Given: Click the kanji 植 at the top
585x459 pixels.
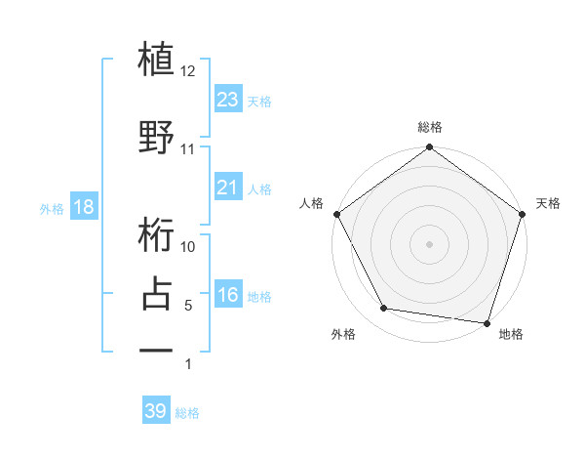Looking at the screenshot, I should tap(156, 61).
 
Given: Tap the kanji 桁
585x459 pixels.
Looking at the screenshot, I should tap(156, 237).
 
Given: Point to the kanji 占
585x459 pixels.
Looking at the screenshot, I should tap(156, 293).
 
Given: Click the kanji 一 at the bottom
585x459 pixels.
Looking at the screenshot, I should tap(156, 350).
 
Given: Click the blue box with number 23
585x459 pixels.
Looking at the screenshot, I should tap(227, 100).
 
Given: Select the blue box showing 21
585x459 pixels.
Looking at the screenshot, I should tap(227, 188).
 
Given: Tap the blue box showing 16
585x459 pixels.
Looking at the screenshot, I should tap(227, 296).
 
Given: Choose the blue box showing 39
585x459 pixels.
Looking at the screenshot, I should tap(155, 411).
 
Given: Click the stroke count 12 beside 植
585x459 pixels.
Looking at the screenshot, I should tap(188, 71).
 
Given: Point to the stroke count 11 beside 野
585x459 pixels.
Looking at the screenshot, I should tap(188, 149).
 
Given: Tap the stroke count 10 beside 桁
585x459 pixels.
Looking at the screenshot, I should tap(188, 247).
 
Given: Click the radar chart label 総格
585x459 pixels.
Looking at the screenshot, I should tap(429, 127).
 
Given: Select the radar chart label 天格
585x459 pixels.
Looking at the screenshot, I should tap(549, 203).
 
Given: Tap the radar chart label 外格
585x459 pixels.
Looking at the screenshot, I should tap(342, 334).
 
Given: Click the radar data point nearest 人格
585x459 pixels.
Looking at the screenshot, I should tap(337, 214).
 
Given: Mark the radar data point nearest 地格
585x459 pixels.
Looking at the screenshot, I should tap(487, 322).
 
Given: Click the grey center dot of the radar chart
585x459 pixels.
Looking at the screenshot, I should tap(429, 243).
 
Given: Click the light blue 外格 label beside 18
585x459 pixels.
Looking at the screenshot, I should tap(52, 209).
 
